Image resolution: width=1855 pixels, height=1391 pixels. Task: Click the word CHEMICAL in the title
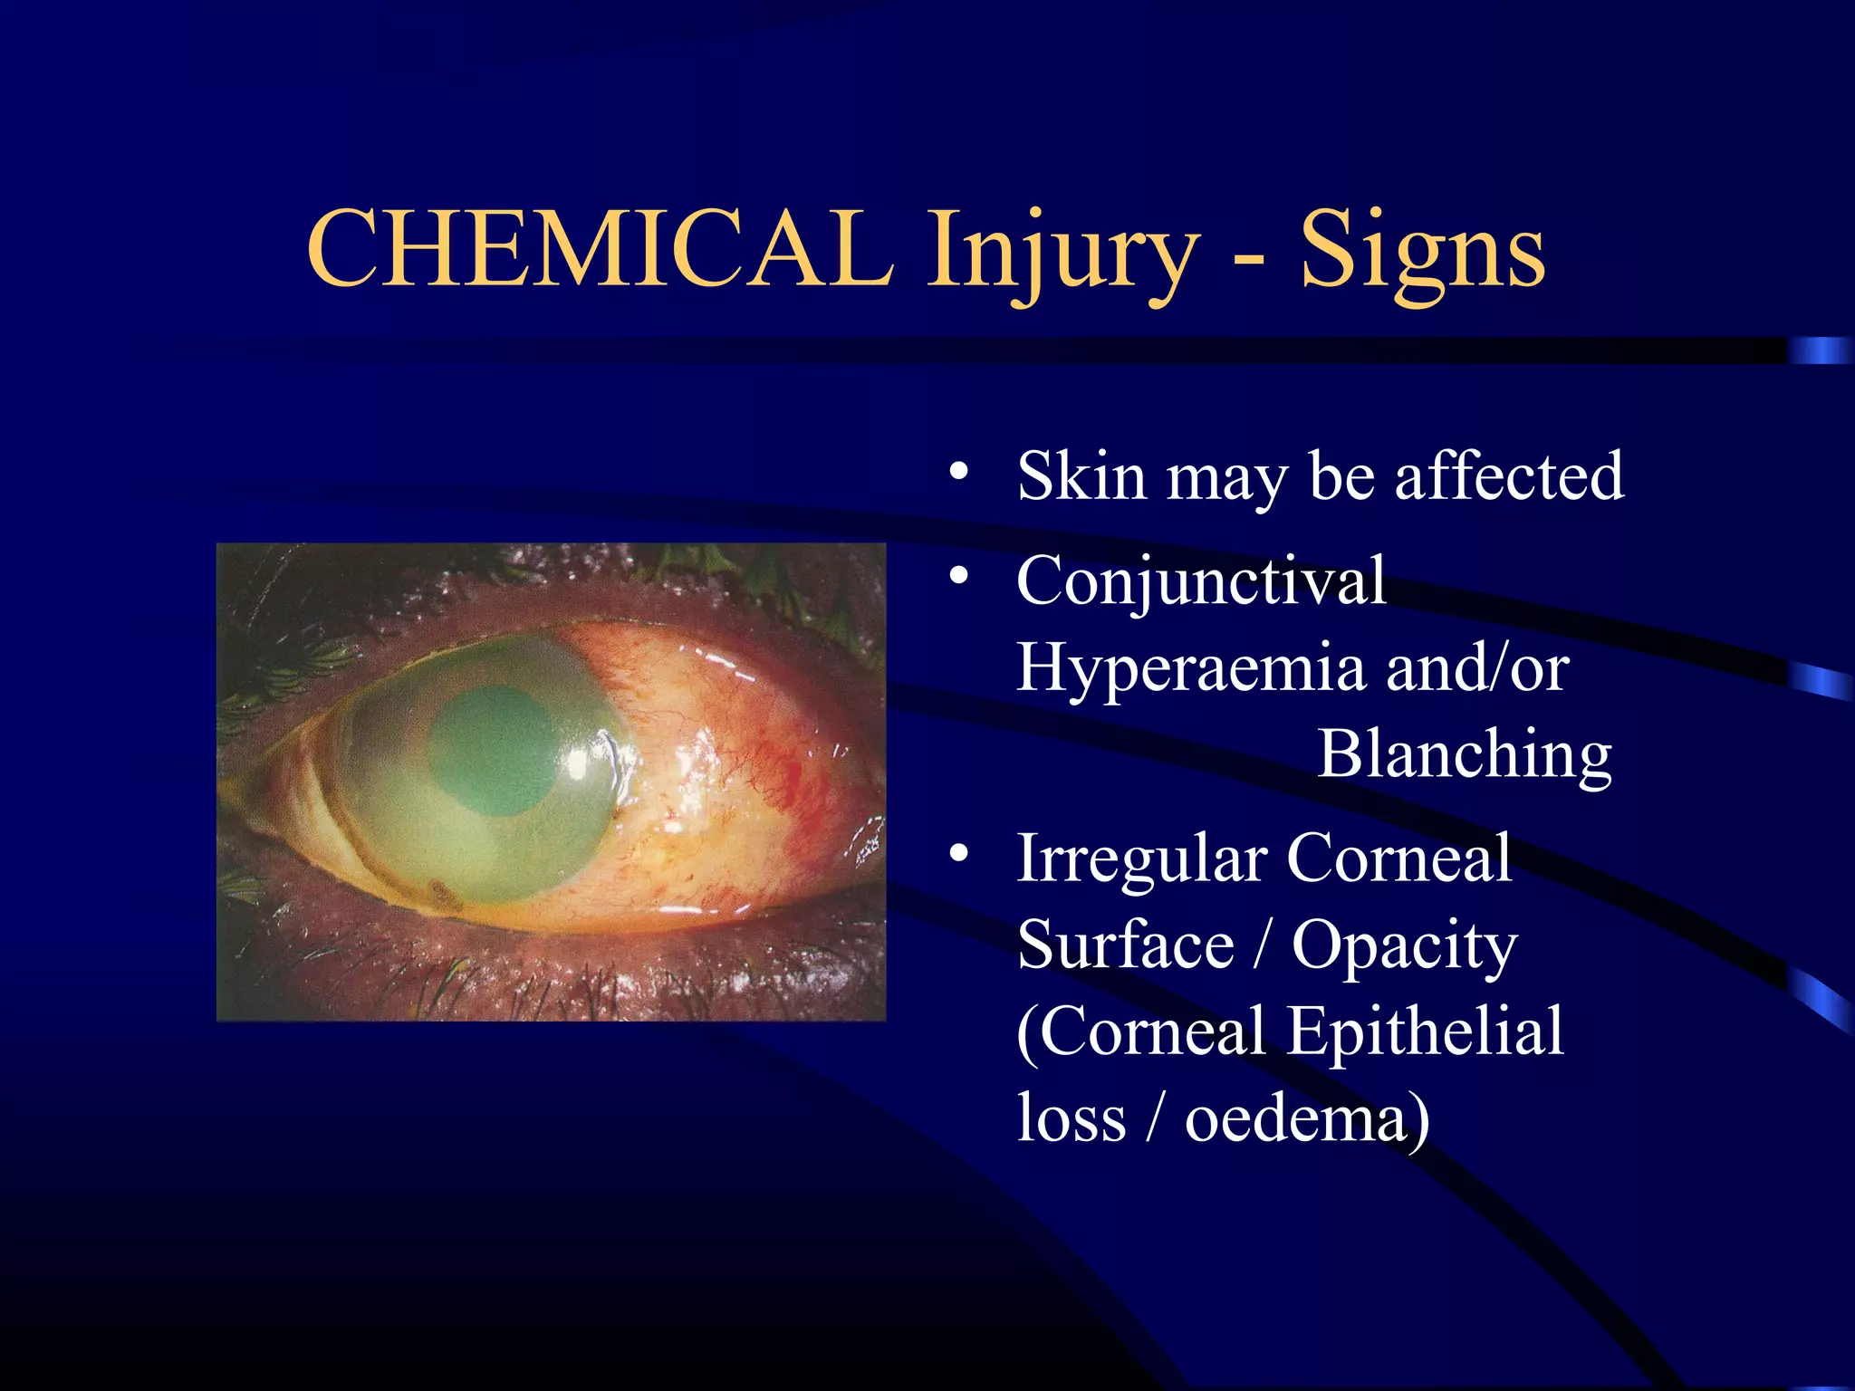(600, 249)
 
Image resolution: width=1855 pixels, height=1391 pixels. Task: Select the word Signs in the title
(1423, 254)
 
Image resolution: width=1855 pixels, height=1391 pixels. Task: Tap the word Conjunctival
(1201, 581)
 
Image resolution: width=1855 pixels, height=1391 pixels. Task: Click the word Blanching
(1464, 753)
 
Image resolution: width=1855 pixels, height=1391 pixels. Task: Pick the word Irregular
(1141, 859)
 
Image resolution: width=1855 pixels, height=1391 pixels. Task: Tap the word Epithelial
(1426, 1032)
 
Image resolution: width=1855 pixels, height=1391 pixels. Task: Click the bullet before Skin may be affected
(959, 472)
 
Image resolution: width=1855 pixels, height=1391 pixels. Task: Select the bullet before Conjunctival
(959, 576)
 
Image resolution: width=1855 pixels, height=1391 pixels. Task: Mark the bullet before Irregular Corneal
(959, 854)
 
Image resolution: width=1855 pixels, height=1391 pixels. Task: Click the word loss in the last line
(1072, 1119)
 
